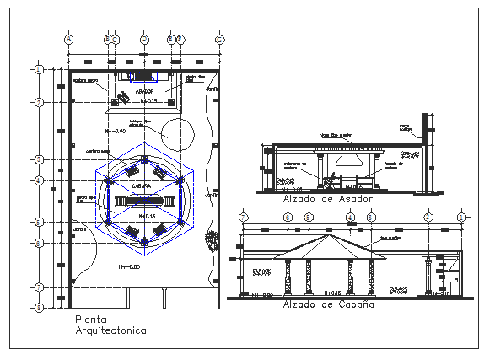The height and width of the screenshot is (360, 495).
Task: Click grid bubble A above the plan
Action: point(69,39)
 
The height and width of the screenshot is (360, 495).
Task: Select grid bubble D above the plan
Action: point(144,39)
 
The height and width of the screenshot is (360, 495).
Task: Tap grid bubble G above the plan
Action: point(219,39)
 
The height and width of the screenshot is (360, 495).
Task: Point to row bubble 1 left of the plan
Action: point(39,69)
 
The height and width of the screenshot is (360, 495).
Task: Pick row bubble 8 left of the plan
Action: point(39,308)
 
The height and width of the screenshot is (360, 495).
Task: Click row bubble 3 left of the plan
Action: point(39,159)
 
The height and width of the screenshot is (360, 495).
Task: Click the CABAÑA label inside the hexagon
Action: point(141,186)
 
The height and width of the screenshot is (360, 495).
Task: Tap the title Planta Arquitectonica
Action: point(110,325)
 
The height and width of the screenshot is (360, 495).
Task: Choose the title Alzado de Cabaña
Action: point(328,304)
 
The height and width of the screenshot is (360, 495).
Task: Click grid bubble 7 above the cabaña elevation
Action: point(244,218)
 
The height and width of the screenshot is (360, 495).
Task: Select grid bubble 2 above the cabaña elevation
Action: point(428,218)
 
